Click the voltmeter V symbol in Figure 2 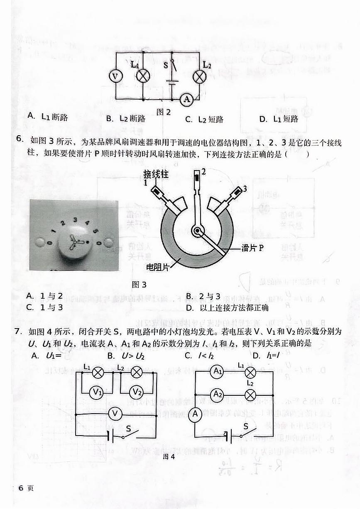point(116,76)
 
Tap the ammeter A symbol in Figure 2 point(187,99)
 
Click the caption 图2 point(164,112)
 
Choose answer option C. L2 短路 point(204,119)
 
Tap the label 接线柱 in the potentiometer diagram point(156,174)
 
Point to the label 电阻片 point(158,268)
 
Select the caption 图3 point(139,285)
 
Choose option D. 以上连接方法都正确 point(227,307)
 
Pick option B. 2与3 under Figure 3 point(203,296)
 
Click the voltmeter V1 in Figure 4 point(97,392)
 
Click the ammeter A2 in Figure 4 point(217,394)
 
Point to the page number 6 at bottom point(21,488)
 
